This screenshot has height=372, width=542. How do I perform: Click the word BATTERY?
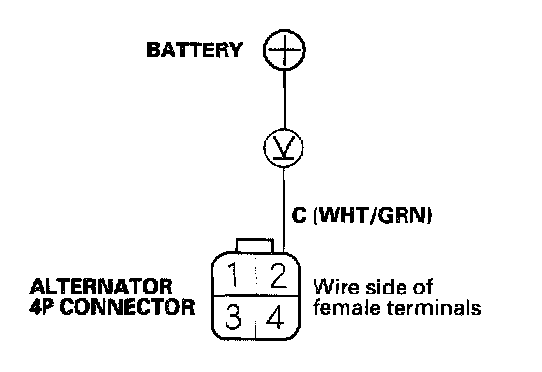[195, 49]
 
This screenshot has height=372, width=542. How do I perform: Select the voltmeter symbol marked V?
[284, 148]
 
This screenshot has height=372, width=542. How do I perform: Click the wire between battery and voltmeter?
[285, 100]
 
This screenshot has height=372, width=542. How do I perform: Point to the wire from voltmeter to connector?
[284, 209]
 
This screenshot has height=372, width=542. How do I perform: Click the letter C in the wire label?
[299, 215]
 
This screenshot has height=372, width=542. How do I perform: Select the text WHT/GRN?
[373, 216]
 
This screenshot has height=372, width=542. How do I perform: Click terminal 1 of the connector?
[233, 274]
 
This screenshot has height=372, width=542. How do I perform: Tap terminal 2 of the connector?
[278, 274]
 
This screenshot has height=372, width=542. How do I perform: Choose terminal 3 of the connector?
[233, 318]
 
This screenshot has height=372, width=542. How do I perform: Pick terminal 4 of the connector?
[278, 318]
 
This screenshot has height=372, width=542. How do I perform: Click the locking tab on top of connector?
[255, 245]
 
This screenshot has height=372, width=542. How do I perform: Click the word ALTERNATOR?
[101, 286]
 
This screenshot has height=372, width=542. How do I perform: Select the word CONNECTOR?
[127, 307]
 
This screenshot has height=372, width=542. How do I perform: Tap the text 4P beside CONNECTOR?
[43, 307]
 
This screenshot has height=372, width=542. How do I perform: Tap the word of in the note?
[422, 287]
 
